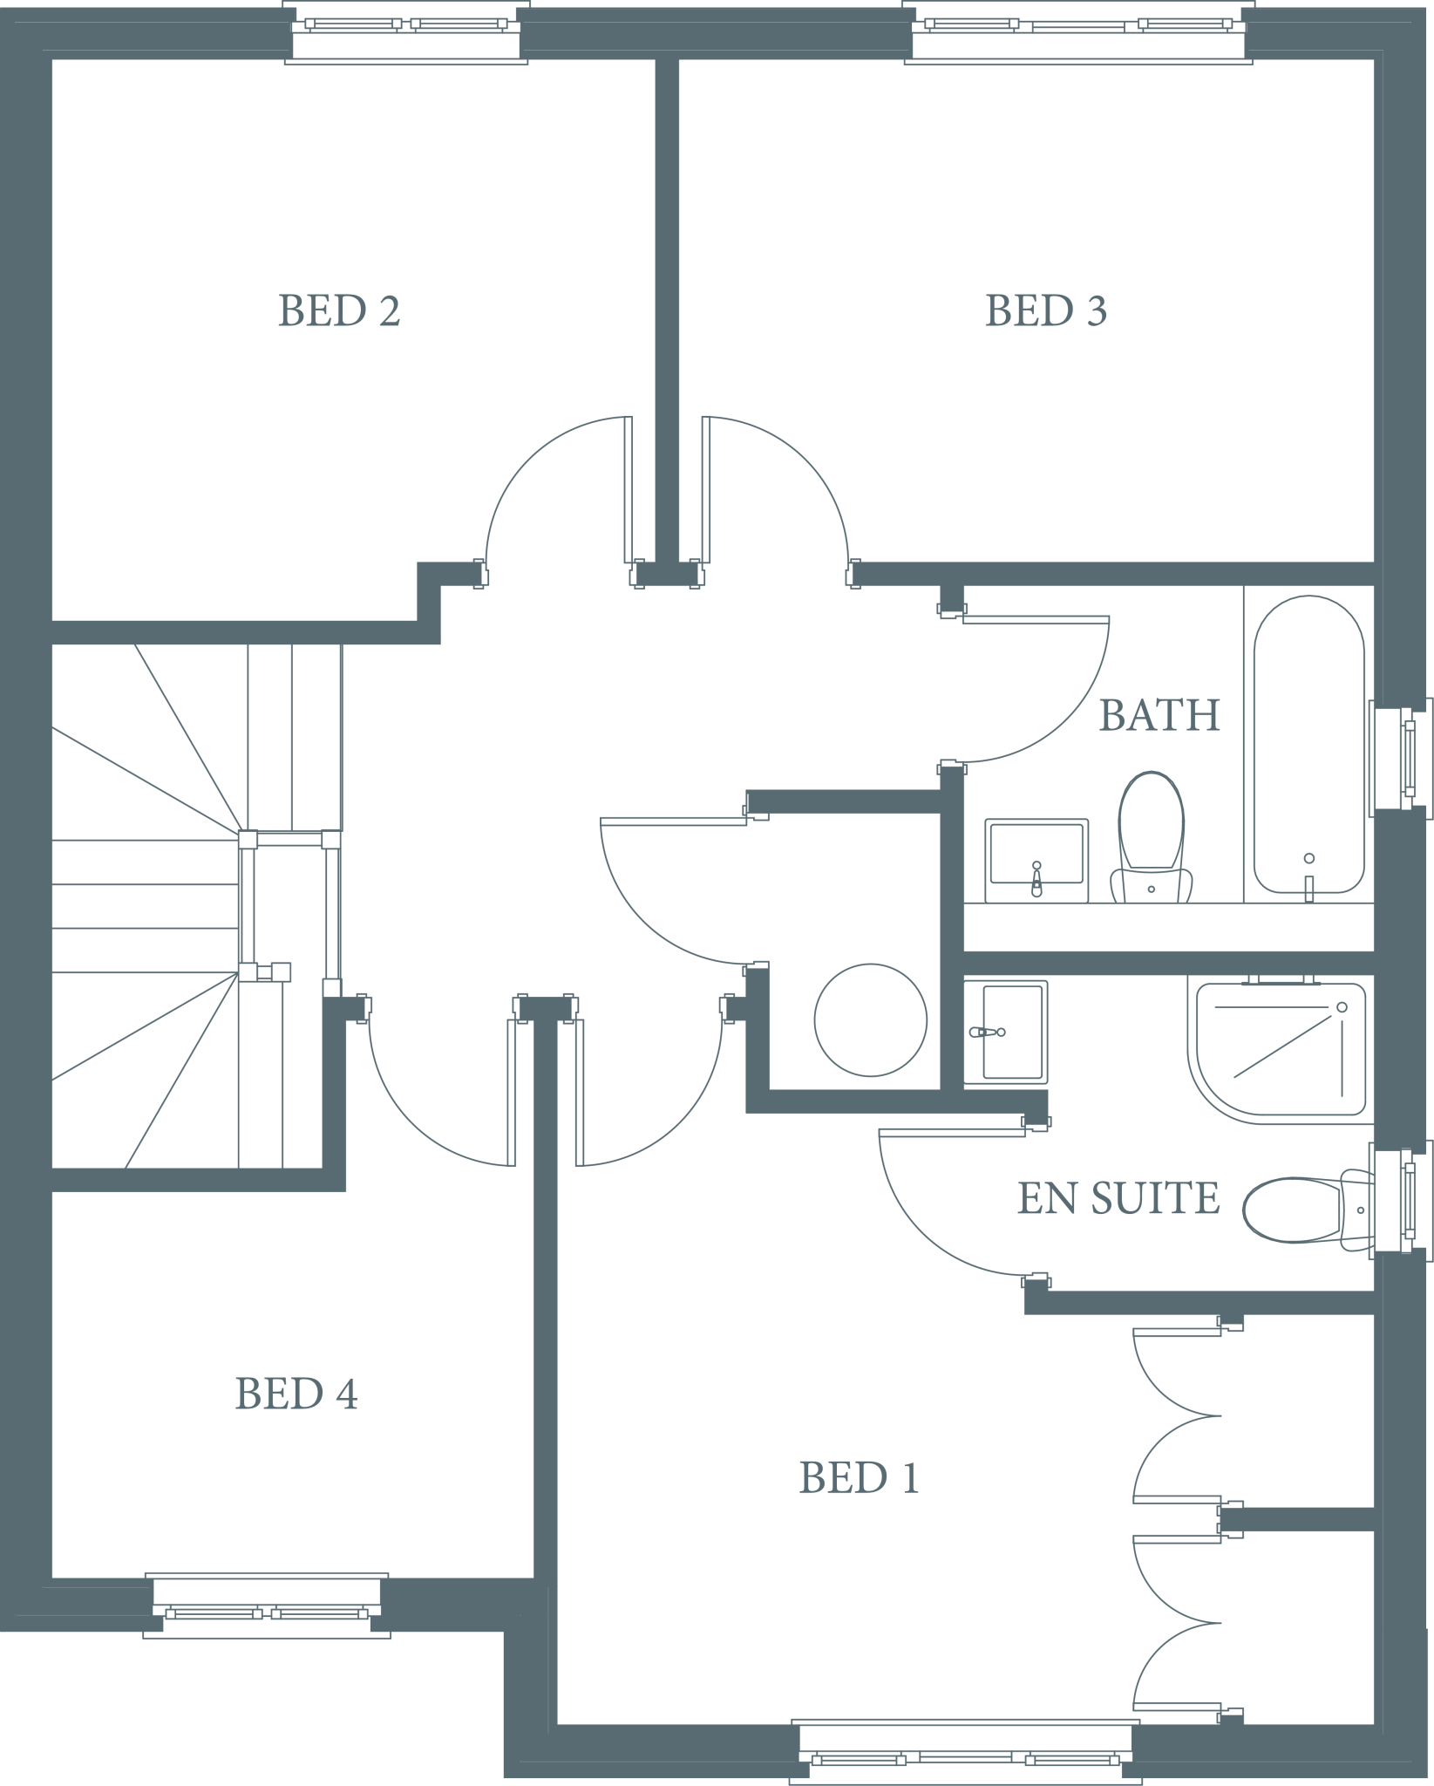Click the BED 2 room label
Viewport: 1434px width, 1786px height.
(x=339, y=311)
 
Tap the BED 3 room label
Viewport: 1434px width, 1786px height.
(x=1045, y=311)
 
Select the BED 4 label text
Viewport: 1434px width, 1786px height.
(x=296, y=1394)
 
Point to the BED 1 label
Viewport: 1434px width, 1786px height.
(x=859, y=1477)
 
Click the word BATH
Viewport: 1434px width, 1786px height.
(x=1159, y=715)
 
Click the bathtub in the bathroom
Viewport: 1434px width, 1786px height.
(x=1308, y=744)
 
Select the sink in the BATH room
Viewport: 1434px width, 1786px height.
(x=1036, y=859)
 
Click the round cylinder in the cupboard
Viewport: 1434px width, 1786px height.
(x=870, y=1019)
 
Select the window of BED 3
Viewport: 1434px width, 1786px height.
(x=1077, y=32)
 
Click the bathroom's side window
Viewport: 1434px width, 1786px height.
(x=1401, y=757)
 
